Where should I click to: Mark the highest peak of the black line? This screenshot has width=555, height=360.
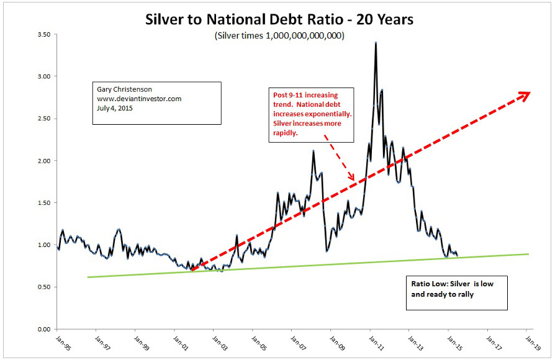click(376, 43)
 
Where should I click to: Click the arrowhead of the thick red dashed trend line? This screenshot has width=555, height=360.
click(525, 94)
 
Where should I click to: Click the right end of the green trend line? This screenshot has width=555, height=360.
click(529, 254)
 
